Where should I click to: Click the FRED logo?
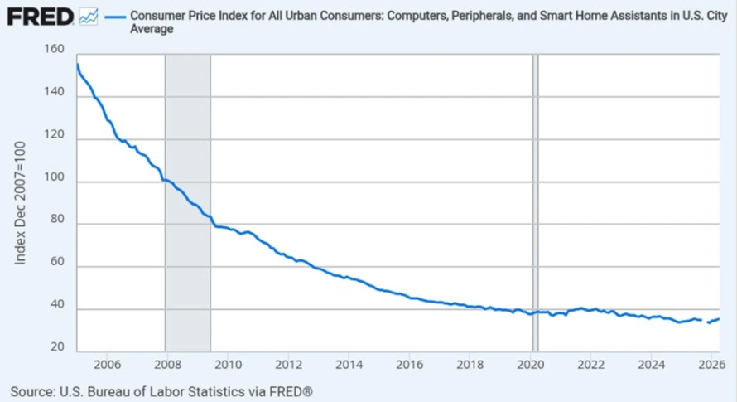41,17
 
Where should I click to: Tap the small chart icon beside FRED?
89,17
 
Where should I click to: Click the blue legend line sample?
114,17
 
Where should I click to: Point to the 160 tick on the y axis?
54,49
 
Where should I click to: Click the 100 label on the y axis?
54,177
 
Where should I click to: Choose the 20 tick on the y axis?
57,347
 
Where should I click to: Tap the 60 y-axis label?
57,262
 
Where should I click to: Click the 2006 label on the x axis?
107,365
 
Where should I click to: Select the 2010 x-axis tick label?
228,365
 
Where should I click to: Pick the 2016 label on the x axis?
409,365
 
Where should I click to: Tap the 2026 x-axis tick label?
712,365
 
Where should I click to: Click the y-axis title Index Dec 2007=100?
20,203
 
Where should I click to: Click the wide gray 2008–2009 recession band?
188,203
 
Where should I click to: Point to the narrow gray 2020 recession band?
535,203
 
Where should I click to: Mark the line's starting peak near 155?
78,64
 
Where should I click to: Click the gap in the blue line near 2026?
705,321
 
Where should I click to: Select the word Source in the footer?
31,392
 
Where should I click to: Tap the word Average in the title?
152,29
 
